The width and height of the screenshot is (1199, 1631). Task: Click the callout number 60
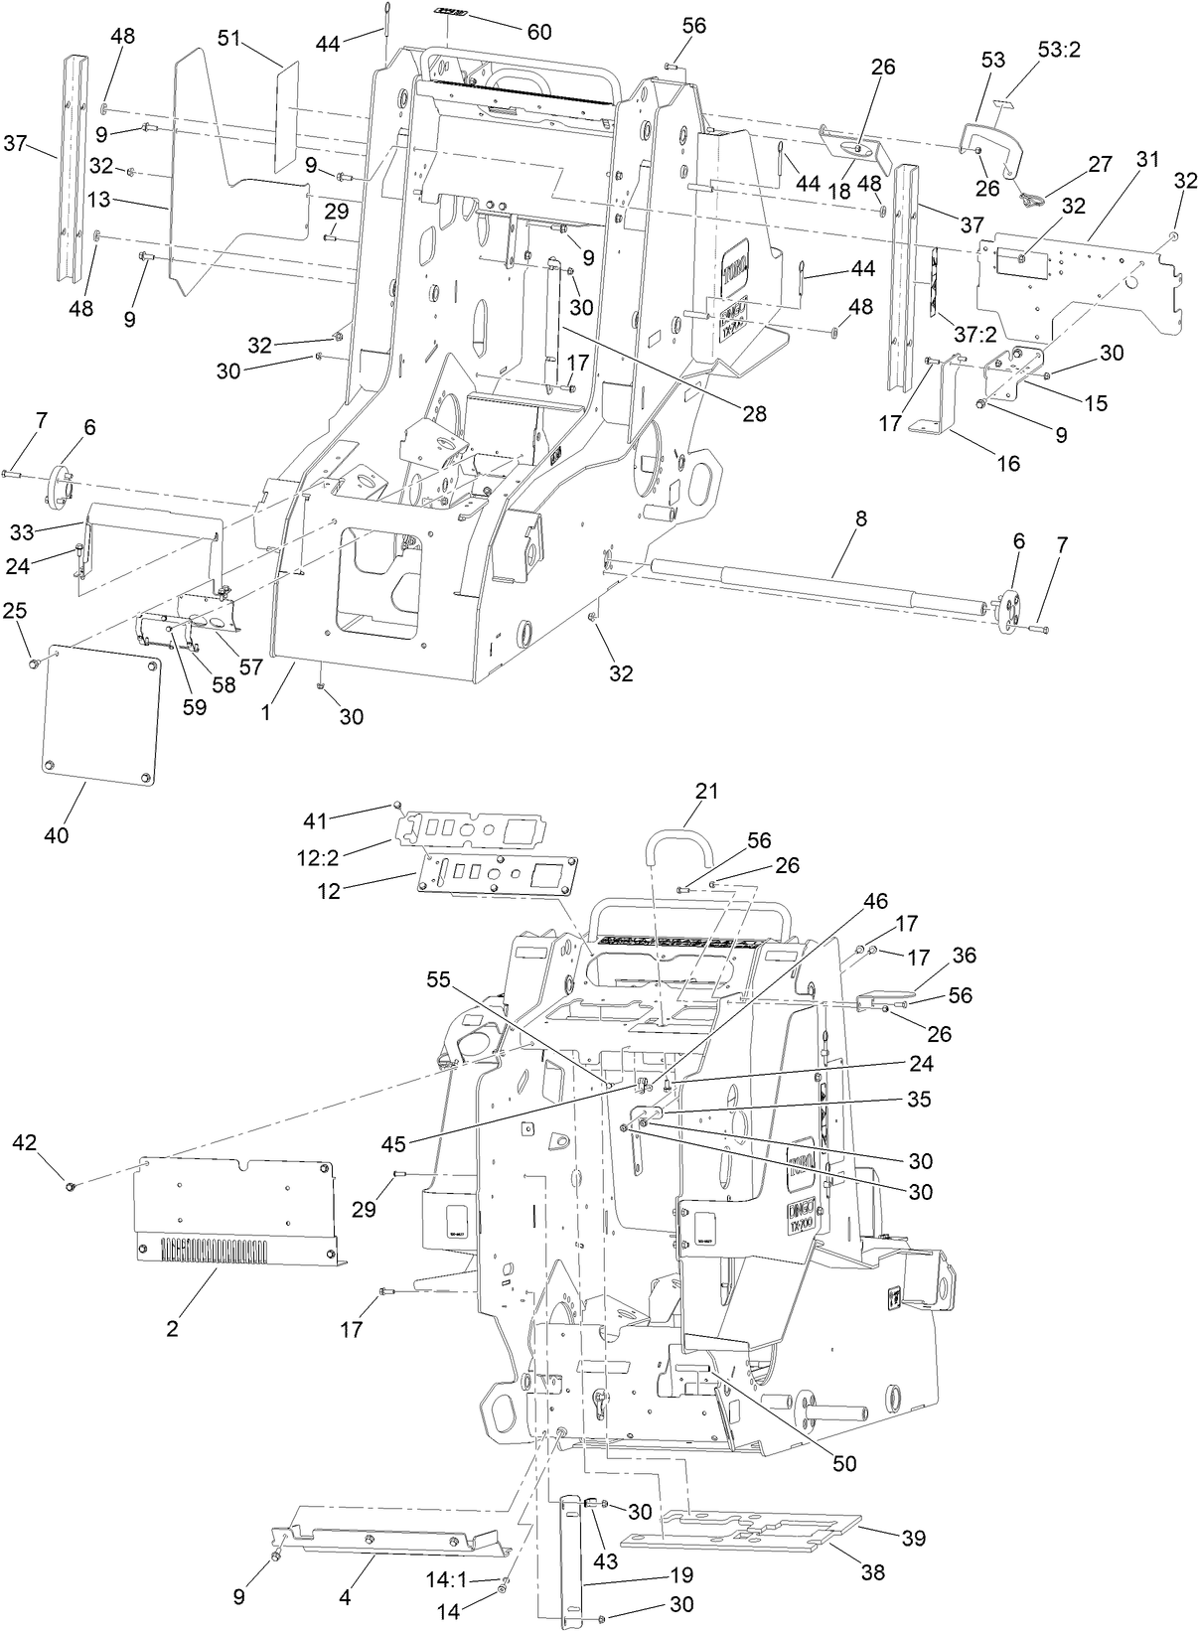[539, 32]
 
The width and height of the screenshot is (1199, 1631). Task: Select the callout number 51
[228, 38]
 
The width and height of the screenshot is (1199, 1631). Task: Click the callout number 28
[755, 414]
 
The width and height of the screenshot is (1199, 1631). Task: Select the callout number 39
[914, 1538]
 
